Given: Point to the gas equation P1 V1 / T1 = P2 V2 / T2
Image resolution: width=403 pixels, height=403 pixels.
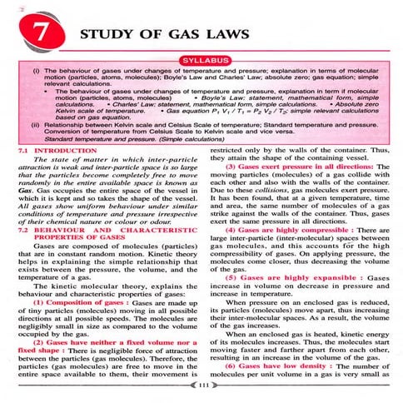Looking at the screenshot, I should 215,109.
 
